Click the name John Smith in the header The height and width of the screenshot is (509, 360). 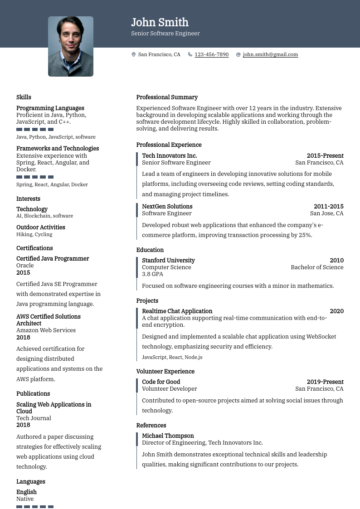[160, 22]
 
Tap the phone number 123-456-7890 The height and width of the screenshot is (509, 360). [211, 54]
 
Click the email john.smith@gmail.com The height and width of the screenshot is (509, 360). [270, 54]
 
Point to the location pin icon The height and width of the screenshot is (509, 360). [134, 54]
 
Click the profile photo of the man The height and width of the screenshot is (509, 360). [71, 46]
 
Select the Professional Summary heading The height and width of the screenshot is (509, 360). [167, 97]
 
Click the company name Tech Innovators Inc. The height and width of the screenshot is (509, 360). [169, 155]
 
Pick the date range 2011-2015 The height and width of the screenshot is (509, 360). [328, 206]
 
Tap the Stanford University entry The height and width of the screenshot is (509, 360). [168, 260]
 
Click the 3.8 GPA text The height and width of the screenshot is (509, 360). [152, 274]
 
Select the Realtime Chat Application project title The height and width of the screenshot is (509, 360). [177, 311]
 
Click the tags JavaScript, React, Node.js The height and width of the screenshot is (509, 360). [172, 357]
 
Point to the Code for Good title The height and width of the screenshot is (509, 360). [161, 382]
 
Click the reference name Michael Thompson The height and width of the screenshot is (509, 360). [168, 436]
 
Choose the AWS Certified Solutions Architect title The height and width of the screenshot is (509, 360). [49, 320]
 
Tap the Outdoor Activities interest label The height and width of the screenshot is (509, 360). [41, 227]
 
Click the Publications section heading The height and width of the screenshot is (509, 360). [33, 393]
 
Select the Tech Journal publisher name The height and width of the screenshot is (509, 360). [34, 418]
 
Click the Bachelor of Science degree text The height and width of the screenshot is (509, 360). [317, 267]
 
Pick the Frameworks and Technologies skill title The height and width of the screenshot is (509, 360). [58, 148]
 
